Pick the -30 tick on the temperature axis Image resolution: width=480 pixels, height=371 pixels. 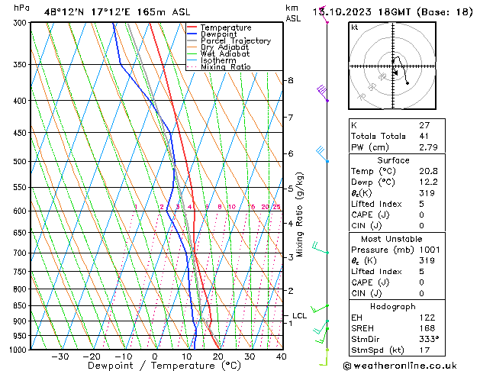pos(60,356)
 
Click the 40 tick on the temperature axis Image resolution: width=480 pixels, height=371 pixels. pos(281,356)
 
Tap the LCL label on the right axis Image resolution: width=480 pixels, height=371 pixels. pos(299,315)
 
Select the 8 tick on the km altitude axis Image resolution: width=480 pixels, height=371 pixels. pos(291,80)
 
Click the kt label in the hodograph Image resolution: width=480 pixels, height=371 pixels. pos(355,27)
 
